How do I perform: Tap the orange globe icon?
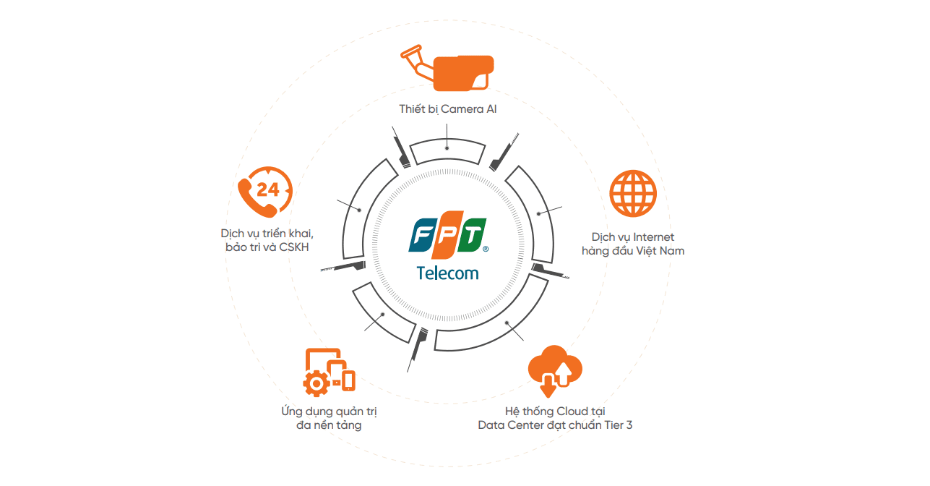point(633,194)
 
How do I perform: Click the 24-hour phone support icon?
point(264,192)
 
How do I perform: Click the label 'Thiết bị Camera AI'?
point(448,109)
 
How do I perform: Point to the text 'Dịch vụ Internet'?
point(632,237)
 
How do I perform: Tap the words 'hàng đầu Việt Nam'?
point(632,251)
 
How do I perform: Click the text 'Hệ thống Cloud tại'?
point(555,411)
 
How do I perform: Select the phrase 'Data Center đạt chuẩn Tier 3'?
point(555,425)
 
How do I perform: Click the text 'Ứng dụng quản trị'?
point(330,412)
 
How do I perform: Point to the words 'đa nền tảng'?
point(330,425)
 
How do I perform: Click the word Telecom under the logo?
point(447,273)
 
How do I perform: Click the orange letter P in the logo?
point(448,236)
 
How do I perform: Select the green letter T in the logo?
point(473,236)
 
